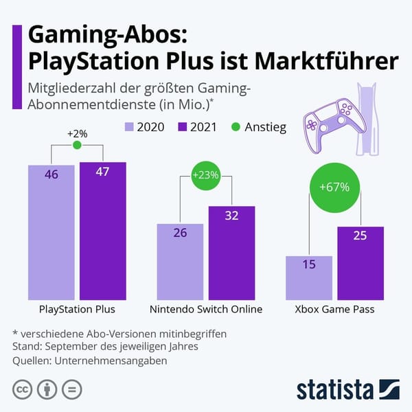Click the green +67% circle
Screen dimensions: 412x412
point(334,187)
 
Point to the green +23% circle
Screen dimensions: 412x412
point(206,175)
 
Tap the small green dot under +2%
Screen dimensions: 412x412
point(77,146)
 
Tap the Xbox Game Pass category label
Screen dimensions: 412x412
point(334,309)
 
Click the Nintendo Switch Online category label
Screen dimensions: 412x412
point(206,309)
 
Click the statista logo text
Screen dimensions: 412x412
point(334,389)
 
